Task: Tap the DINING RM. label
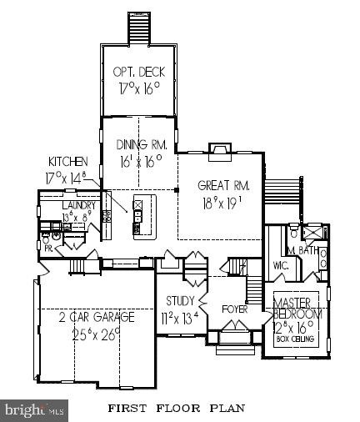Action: [x=141, y=144]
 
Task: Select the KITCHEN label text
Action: [x=66, y=161]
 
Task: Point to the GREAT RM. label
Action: [x=220, y=185]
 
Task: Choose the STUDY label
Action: [x=179, y=301]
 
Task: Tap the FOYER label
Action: [x=234, y=309]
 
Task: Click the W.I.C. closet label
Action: [x=280, y=266]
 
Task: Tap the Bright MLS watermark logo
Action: [x=34, y=409]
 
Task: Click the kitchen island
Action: [x=140, y=215]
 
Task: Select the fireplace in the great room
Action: [x=218, y=151]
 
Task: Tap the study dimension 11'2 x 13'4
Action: [x=179, y=317]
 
